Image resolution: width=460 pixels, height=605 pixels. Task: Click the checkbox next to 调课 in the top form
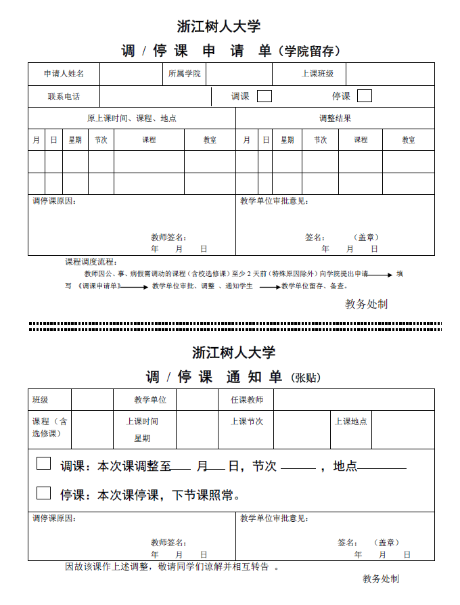click(264, 96)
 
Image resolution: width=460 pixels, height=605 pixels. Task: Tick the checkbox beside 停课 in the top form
click(364, 96)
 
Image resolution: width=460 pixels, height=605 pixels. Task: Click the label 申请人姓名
click(64, 74)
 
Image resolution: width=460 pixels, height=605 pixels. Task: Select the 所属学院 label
click(184, 74)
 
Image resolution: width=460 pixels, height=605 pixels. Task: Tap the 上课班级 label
click(317, 74)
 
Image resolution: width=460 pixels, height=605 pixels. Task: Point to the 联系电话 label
click(64, 97)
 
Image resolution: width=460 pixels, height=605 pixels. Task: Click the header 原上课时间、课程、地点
click(131, 118)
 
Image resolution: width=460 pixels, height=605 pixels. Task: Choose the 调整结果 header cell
click(335, 118)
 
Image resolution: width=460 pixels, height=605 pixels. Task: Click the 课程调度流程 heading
click(91, 262)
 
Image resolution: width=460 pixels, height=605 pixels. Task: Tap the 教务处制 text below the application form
click(366, 305)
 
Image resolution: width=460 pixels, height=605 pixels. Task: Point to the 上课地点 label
click(351, 422)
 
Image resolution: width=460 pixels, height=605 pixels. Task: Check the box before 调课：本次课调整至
click(43, 464)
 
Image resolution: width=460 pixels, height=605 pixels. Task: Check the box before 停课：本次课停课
click(43, 493)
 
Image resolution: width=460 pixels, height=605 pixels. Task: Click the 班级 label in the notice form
click(41, 400)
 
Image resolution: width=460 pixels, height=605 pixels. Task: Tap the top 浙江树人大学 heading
click(218, 26)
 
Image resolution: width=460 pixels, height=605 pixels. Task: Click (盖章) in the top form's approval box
click(367, 238)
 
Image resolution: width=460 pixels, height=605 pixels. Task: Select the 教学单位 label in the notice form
click(150, 400)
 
